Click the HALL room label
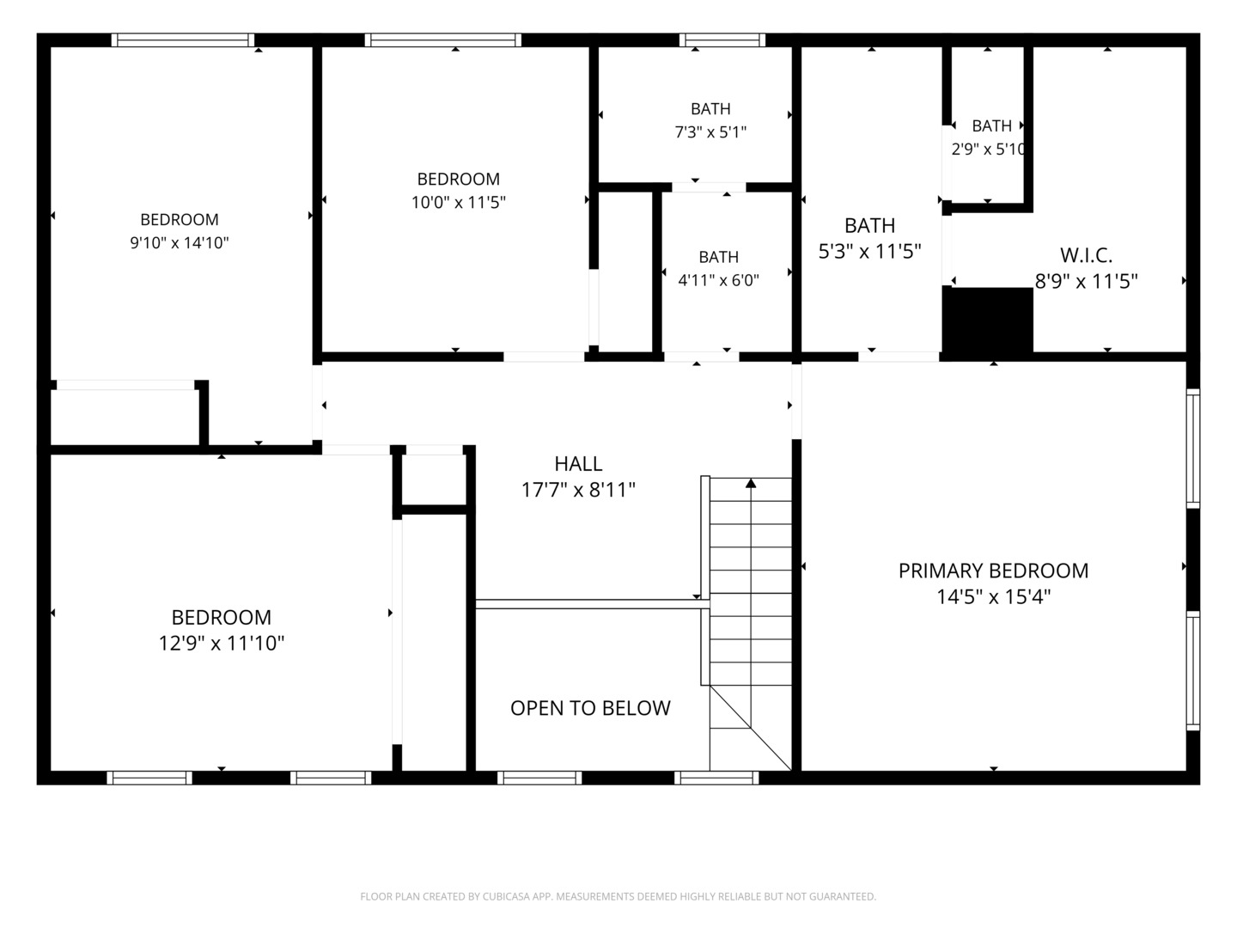click(x=578, y=464)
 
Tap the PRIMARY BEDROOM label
click(x=993, y=571)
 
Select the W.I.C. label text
click(x=1086, y=255)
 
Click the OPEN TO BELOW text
click(x=590, y=708)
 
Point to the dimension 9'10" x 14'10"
click(x=180, y=243)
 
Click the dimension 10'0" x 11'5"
click(x=458, y=202)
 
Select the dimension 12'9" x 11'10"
click(x=221, y=643)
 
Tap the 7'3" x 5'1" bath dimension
click(x=710, y=132)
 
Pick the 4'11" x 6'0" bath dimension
click(x=718, y=280)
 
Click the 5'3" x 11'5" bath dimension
click(x=869, y=251)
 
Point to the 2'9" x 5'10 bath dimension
click(x=988, y=150)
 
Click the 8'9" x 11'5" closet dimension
click(x=1086, y=281)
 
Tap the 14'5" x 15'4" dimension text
click(x=993, y=596)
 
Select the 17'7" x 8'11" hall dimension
click(x=578, y=490)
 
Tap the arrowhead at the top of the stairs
click(x=751, y=484)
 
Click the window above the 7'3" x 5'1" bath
click(x=722, y=40)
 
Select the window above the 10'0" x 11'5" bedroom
click(x=443, y=40)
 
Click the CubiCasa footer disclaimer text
click(x=618, y=896)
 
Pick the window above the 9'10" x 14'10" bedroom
click(x=183, y=40)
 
